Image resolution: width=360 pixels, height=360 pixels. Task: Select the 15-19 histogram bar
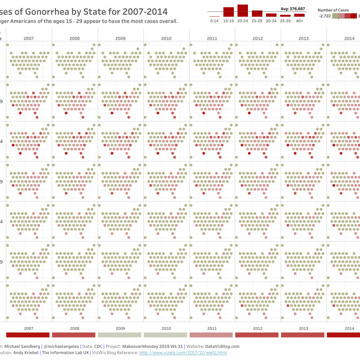[228, 12]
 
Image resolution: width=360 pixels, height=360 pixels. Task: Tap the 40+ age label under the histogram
[299, 21]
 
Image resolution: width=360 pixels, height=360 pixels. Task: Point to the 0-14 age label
[215, 21]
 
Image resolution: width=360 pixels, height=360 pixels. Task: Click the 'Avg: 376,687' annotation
[293, 8]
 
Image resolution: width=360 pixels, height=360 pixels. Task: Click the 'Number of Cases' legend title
[333, 10]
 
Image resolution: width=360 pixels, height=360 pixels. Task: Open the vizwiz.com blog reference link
[183, 353]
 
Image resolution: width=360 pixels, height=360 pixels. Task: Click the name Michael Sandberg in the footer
[22, 346]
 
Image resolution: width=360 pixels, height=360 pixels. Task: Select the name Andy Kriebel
[26, 353]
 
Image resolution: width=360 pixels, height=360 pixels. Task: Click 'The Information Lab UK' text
[65, 353]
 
